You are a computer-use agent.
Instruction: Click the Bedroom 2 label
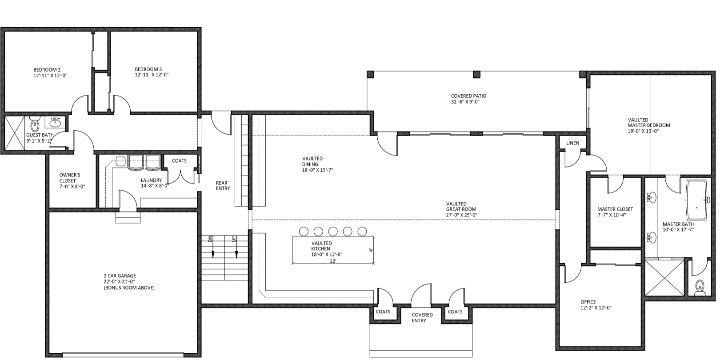click(47, 70)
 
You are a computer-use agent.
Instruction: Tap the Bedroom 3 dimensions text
click(152, 75)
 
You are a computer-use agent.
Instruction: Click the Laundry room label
click(152, 180)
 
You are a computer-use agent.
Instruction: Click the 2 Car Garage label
click(120, 276)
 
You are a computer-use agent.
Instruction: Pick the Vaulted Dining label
click(312, 161)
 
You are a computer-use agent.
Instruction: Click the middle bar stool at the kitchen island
click(333, 231)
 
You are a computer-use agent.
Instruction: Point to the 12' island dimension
click(333, 261)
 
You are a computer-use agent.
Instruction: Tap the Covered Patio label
click(468, 96)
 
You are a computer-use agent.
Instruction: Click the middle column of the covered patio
click(477, 75)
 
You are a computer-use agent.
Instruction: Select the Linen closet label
click(572, 143)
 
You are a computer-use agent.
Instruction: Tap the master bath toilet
click(700, 288)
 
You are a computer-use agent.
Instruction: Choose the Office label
click(588, 302)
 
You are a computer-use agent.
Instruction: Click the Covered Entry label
click(422, 318)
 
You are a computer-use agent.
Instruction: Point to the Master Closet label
click(615, 209)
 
